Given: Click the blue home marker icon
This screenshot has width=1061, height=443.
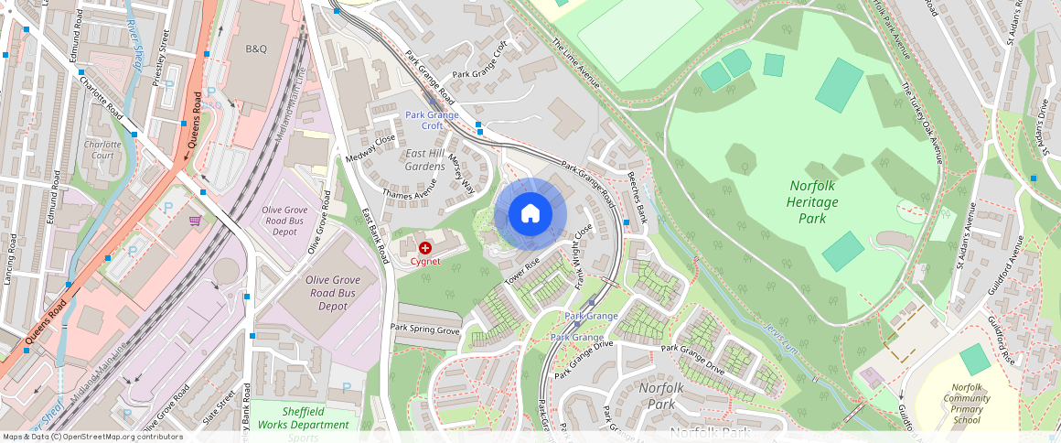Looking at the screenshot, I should point(530,214).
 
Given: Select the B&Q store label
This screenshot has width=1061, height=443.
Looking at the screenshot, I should point(256,48).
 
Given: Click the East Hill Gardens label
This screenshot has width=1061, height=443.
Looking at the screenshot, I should point(425,159).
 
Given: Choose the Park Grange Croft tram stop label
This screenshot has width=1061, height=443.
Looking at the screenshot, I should point(433,120).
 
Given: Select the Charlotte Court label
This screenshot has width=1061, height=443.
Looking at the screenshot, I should point(102,150).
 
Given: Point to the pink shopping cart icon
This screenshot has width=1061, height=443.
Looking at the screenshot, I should point(195,221).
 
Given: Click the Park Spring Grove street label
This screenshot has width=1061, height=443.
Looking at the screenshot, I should point(424,329).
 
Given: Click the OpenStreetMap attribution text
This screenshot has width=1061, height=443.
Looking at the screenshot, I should point(92,437).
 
